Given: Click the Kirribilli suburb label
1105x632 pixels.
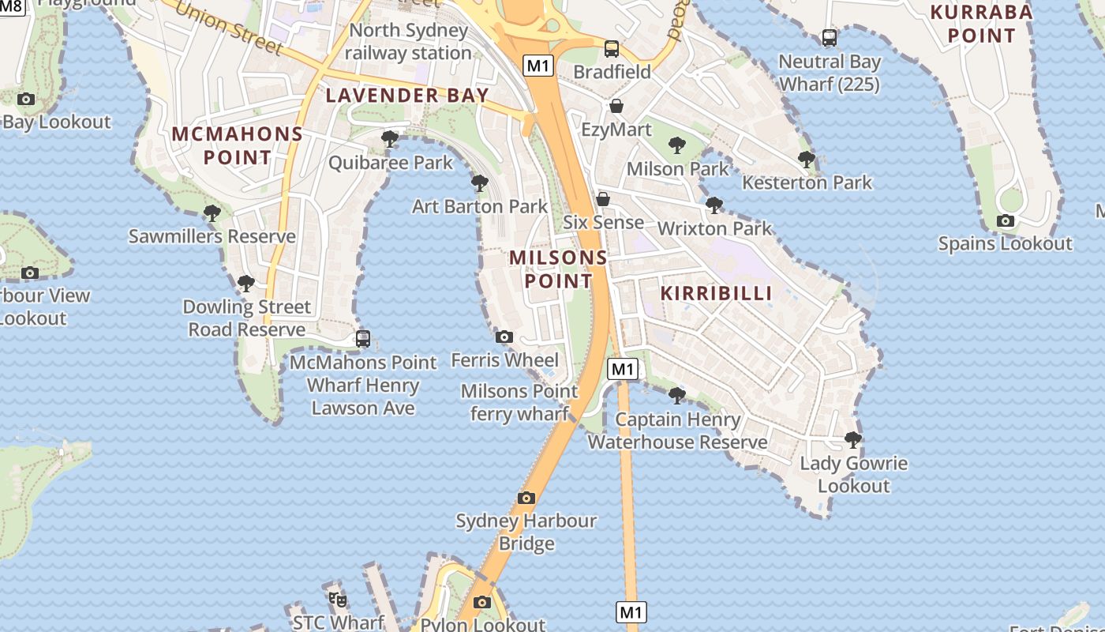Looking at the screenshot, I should tap(716, 293).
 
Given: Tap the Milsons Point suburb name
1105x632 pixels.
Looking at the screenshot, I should tap(559, 269).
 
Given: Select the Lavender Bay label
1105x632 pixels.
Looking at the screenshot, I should tap(407, 96).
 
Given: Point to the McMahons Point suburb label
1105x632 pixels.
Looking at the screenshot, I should tap(237, 145).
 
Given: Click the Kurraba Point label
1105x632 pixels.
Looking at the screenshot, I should tap(981, 24).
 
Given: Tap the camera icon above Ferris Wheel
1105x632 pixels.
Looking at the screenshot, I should tap(504, 337).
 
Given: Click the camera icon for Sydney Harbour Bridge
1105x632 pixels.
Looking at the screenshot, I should tap(526, 498).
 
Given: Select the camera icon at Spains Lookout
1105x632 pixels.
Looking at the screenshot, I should tap(1005, 221).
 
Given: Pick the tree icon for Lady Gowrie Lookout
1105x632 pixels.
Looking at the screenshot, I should tap(852, 439).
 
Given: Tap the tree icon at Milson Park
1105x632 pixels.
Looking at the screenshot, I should tap(676, 145).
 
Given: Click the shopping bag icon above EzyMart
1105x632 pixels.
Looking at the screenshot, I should tap(616, 106).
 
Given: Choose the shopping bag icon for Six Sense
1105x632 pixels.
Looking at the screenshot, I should tap(603, 198).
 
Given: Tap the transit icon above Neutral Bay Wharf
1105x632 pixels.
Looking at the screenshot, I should tap(829, 37).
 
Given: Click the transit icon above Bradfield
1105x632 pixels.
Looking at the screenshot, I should tap(612, 48).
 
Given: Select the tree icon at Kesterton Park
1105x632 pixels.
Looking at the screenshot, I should tap(806, 159).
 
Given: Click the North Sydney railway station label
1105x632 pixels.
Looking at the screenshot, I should tap(408, 42).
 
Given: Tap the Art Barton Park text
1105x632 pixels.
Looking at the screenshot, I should tap(480, 206).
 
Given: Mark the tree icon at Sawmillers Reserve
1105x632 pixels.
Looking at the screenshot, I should tap(212, 213).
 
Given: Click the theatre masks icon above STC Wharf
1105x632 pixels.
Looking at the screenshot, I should tap(338, 600).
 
